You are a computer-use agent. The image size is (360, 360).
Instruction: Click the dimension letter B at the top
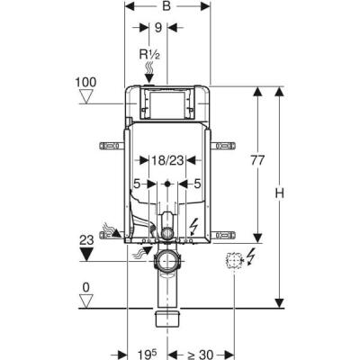coord(166,6)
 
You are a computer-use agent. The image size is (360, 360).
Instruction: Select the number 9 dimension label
coord(158,28)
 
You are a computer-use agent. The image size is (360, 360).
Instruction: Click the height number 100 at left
coord(86,82)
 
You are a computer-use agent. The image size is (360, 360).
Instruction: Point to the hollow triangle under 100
coord(86,98)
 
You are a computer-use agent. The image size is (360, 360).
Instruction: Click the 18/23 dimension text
coord(167,160)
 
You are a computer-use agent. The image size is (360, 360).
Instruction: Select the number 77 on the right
coord(257,160)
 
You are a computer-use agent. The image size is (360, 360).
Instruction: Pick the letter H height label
coord(280,193)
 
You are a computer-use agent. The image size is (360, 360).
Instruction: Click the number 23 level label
coord(86,240)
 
